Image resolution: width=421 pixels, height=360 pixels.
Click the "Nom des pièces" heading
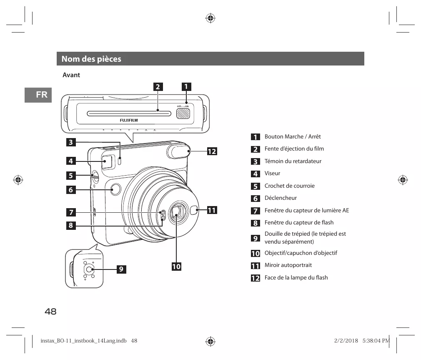(91, 59)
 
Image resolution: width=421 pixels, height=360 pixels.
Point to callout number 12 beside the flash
(212, 151)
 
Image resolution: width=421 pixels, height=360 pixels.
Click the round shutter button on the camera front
(115, 190)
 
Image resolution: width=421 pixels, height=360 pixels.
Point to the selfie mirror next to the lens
(193, 211)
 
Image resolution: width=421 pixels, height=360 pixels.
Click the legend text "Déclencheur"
(281, 198)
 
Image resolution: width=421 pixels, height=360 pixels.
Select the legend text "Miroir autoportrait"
(288, 265)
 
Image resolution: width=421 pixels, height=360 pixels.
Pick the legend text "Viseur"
(272, 174)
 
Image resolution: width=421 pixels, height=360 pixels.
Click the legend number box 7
(255, 211)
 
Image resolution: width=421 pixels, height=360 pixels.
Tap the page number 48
(50, 312)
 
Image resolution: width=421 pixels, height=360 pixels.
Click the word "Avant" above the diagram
(71, 75)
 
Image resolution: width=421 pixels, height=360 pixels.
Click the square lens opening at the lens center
(176, 215)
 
